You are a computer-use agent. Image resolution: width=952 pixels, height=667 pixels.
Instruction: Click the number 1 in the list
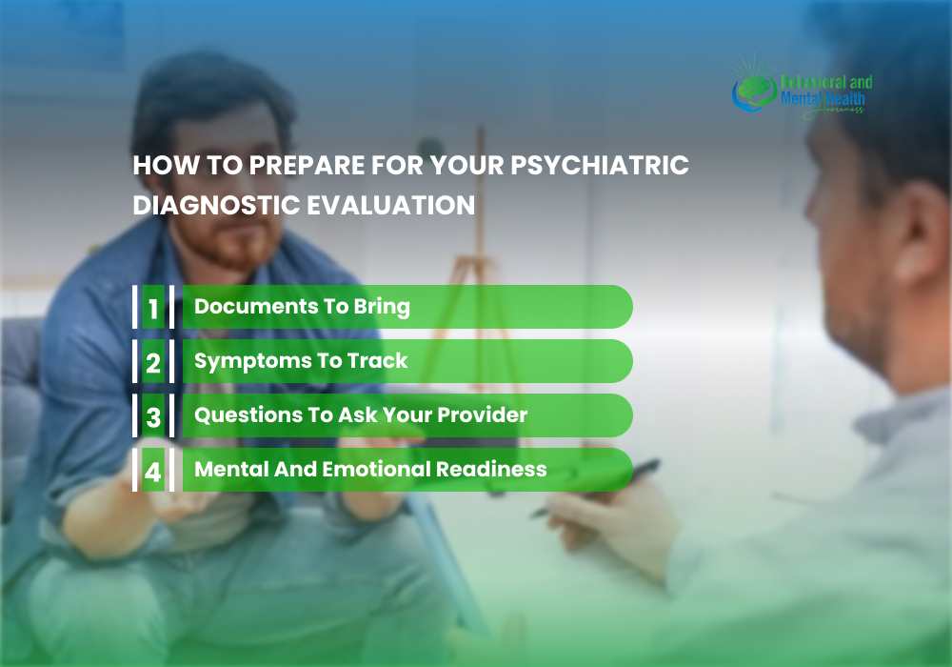(x=153, y=307)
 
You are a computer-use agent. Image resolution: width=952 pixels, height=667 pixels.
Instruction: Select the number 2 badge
(x=153, y=361)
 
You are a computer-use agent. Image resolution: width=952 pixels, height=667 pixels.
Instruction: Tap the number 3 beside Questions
(x=153, y=415)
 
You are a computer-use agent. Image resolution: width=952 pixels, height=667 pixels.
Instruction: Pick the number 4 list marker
(x=153, y=470)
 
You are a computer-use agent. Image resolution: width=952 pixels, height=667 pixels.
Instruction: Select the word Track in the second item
(x=381, y=361)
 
